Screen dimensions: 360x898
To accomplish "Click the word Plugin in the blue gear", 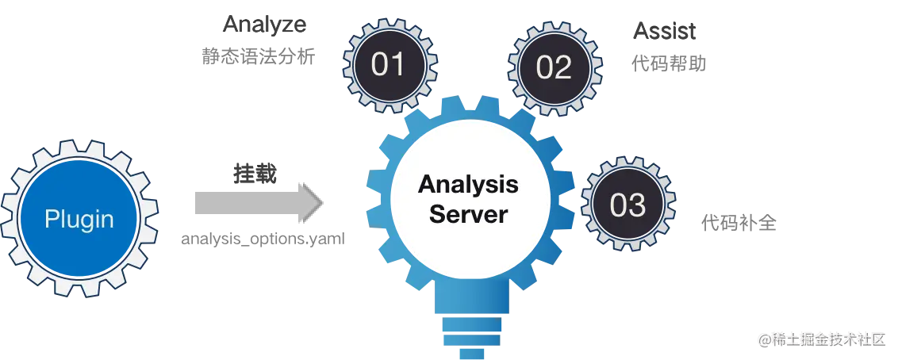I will (x=79, y=219).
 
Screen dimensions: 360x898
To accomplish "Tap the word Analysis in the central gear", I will (x=468, y=185).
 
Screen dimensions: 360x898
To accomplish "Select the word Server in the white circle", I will (x=468, y=213).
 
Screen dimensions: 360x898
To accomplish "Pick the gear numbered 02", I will (x=554, y=67).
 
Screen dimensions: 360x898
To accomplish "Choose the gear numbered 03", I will (x=627, y=205).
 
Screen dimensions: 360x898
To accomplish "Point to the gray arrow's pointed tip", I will (x=317, y=204).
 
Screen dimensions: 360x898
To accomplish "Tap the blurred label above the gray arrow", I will (x=253, y=173).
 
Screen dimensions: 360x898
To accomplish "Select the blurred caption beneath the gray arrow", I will (x=263, y=239).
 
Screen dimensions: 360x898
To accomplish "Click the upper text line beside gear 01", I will (x=264, y=26).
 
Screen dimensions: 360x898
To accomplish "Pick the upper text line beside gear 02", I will (x=662, y=34).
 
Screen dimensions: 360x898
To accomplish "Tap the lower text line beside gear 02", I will (x=669, y=64).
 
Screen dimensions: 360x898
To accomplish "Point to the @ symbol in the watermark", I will (x=765, y=339).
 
